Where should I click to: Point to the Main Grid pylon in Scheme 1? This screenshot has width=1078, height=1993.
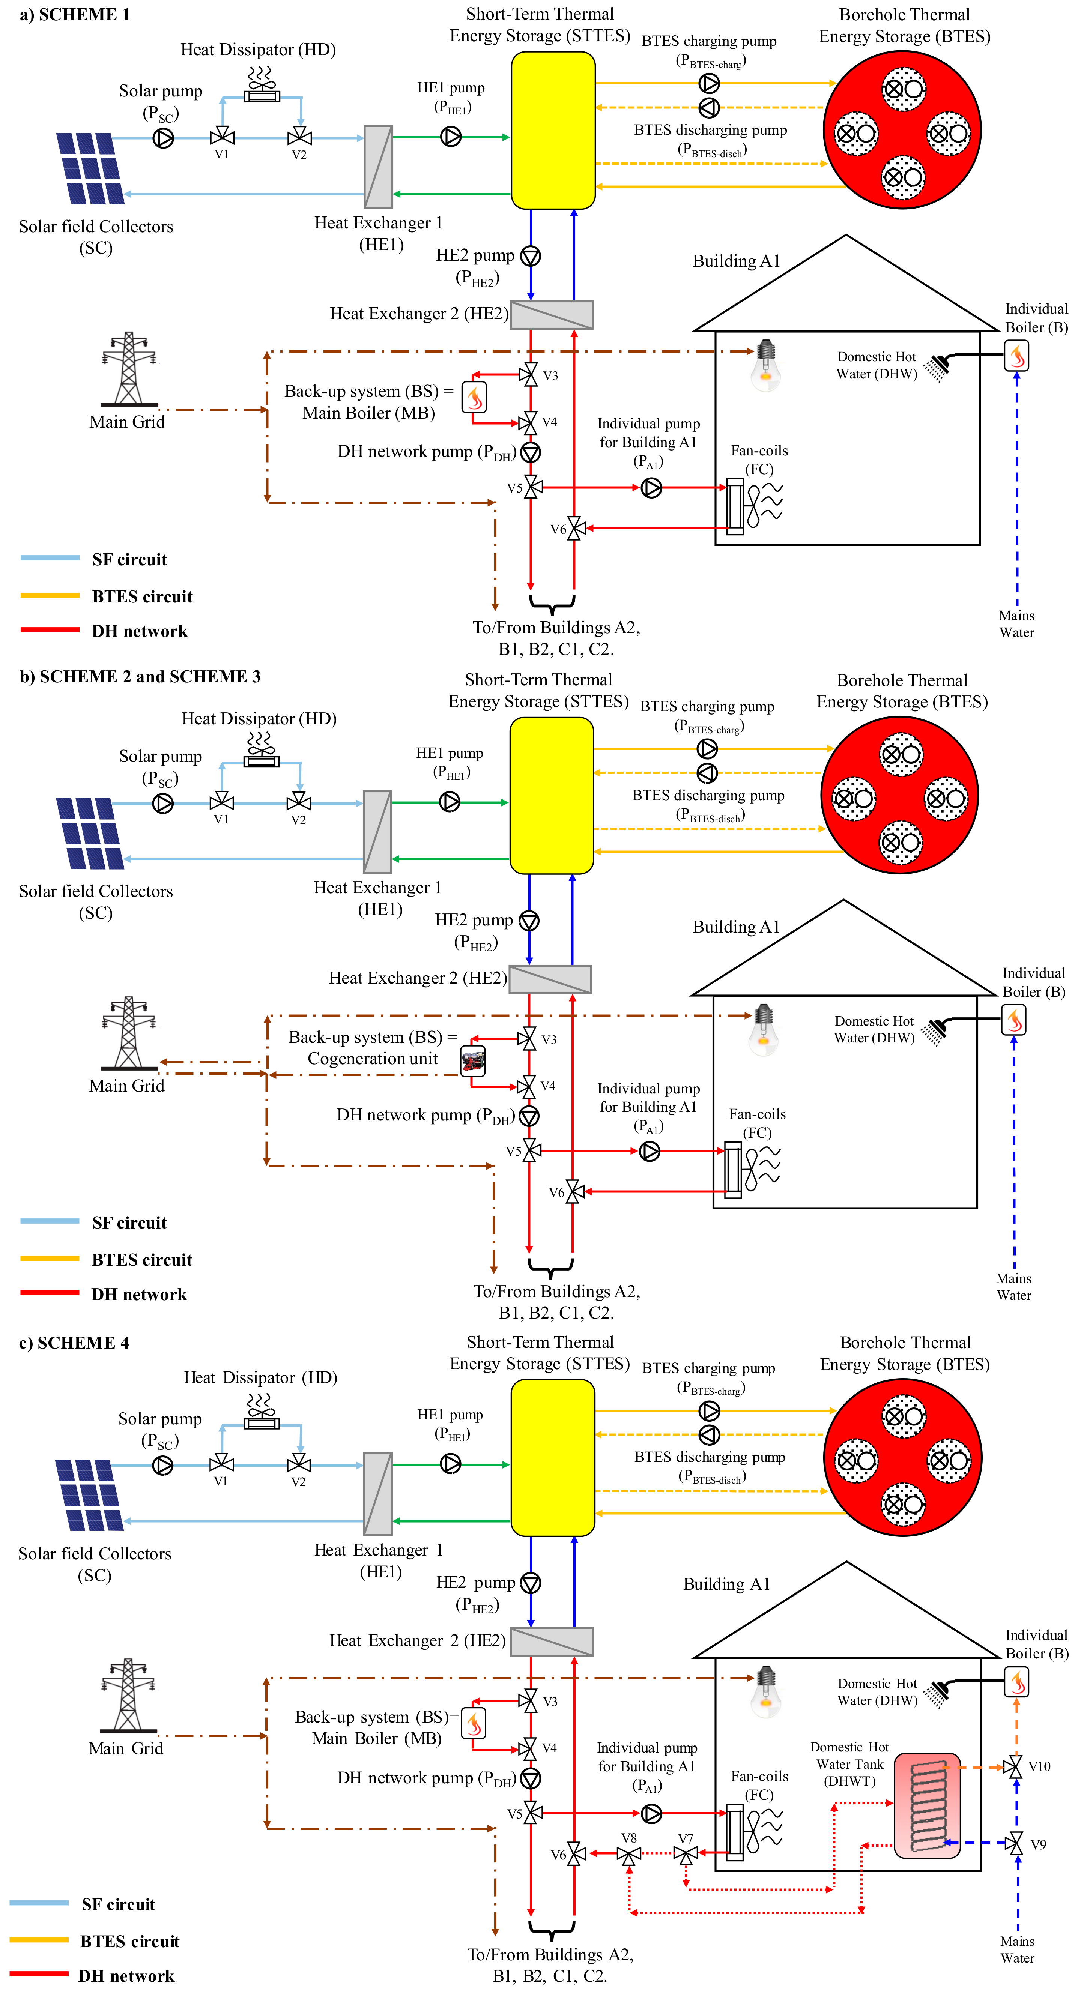129,369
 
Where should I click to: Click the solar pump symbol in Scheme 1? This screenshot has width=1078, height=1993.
163,138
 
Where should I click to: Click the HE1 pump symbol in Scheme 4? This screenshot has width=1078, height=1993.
450,1464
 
